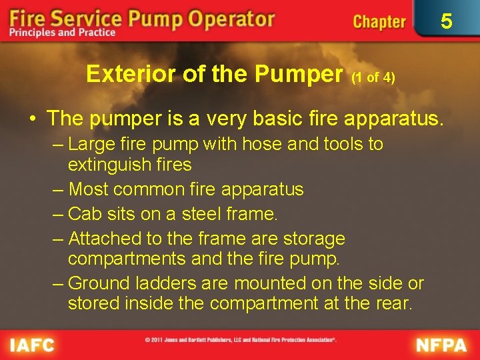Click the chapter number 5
tap(446, 21)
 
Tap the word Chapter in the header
tap(379, 21)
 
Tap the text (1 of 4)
tap(373, 77)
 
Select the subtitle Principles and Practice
tap(62, 33)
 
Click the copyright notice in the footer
tap(241, 340)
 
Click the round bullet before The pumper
tap(32, 119)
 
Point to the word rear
tap(394, 303)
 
